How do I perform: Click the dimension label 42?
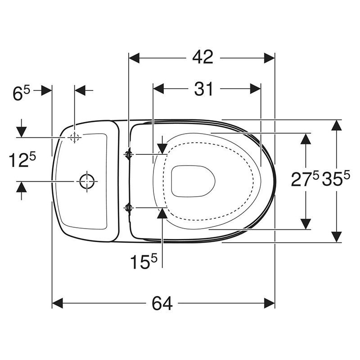[x=203, y=58]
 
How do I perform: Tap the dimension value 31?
[x=204, y=89]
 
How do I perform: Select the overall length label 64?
[x=162, y=303]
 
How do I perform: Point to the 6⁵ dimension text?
[x=21, y=93]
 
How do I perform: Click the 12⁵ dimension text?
[x=22, y=160]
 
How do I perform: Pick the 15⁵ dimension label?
[x=144, y=261]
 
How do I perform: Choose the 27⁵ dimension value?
[x=305, y=179]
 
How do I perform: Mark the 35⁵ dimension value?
[x=336, y=179]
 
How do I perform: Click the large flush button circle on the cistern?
[x=87, y=181]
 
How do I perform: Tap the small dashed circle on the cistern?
[x=74, y=138]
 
